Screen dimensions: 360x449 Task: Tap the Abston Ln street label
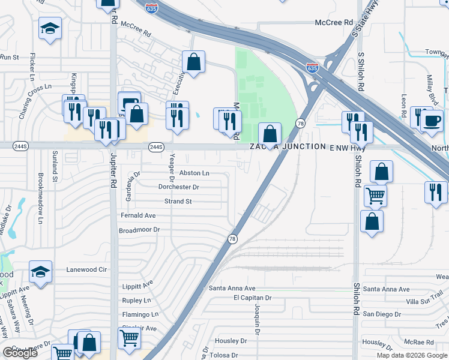pyautogui.click(x=194, y=173)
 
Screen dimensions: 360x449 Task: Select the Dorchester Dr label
pyautogui.click(x=178, y=187)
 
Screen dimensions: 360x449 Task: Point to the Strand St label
pyautogui.click(x=178, y=202)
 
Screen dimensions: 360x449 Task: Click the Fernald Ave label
pyautogui.click(x=138, y=215)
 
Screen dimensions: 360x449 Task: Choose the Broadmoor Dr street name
pyautogui.click(x=139, y=230)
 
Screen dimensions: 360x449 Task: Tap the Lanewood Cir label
pyautogui.click(x=86, y=269)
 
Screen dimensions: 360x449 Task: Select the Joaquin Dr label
pyautogui.click(x=258, y=315)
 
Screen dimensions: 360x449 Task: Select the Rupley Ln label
pyautogui.click(x=136, y=300)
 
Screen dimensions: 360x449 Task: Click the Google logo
pyautogui.click(x=20, y=353)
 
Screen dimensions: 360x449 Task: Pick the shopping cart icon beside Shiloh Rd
pyautogui.click(x=375, y=194)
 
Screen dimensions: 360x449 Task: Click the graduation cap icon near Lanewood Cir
pyautogui.click(x=41, y=272)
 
